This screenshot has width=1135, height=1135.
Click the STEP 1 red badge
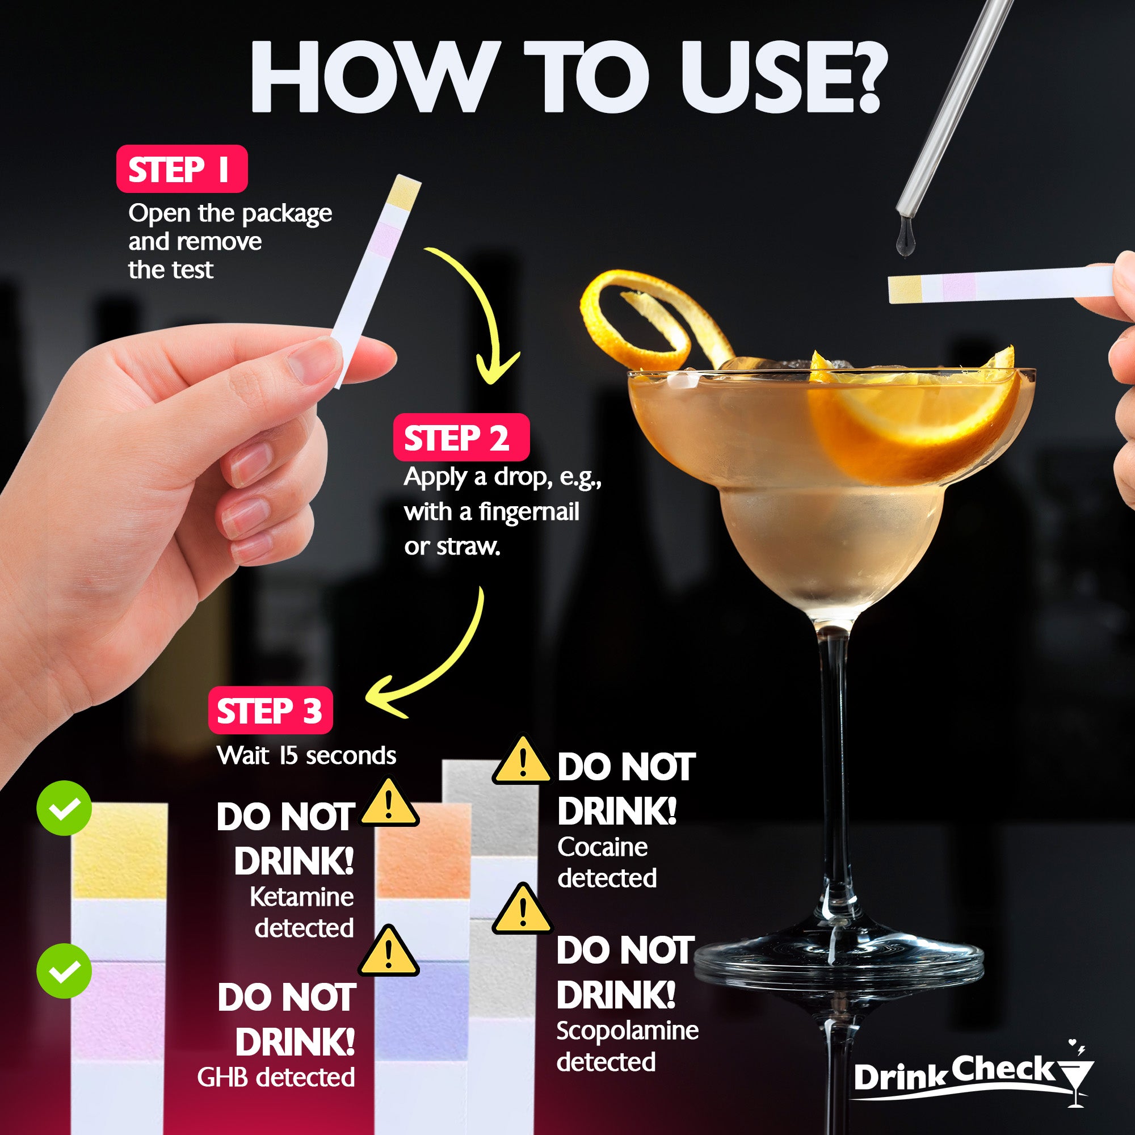pyautogui.click(x=182, y=169)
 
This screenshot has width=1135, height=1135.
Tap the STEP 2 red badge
pyautogui.click(x=461, y=438)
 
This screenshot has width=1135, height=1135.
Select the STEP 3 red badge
pyautogui.click(x=270, y=711)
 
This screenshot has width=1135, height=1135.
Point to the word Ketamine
pyautogui.click(x=301, y=897)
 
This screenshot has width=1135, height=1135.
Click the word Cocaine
pyautogui.click(x=602, y=847)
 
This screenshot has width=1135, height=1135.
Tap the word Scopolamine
pyautogui.click(x=627, y=1031)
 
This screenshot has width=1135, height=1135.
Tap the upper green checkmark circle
pyautogui.click(x=64, y=808)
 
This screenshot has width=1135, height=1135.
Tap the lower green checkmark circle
pyautogui.click(x=64, y=970)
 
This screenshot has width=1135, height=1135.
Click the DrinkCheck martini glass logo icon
pyautogui.click(x=1075, y=1080)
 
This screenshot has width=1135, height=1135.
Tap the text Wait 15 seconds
pyautogui.click(x=306, y=755)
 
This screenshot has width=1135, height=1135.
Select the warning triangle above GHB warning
pyautogui.click(x=388, y=952)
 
